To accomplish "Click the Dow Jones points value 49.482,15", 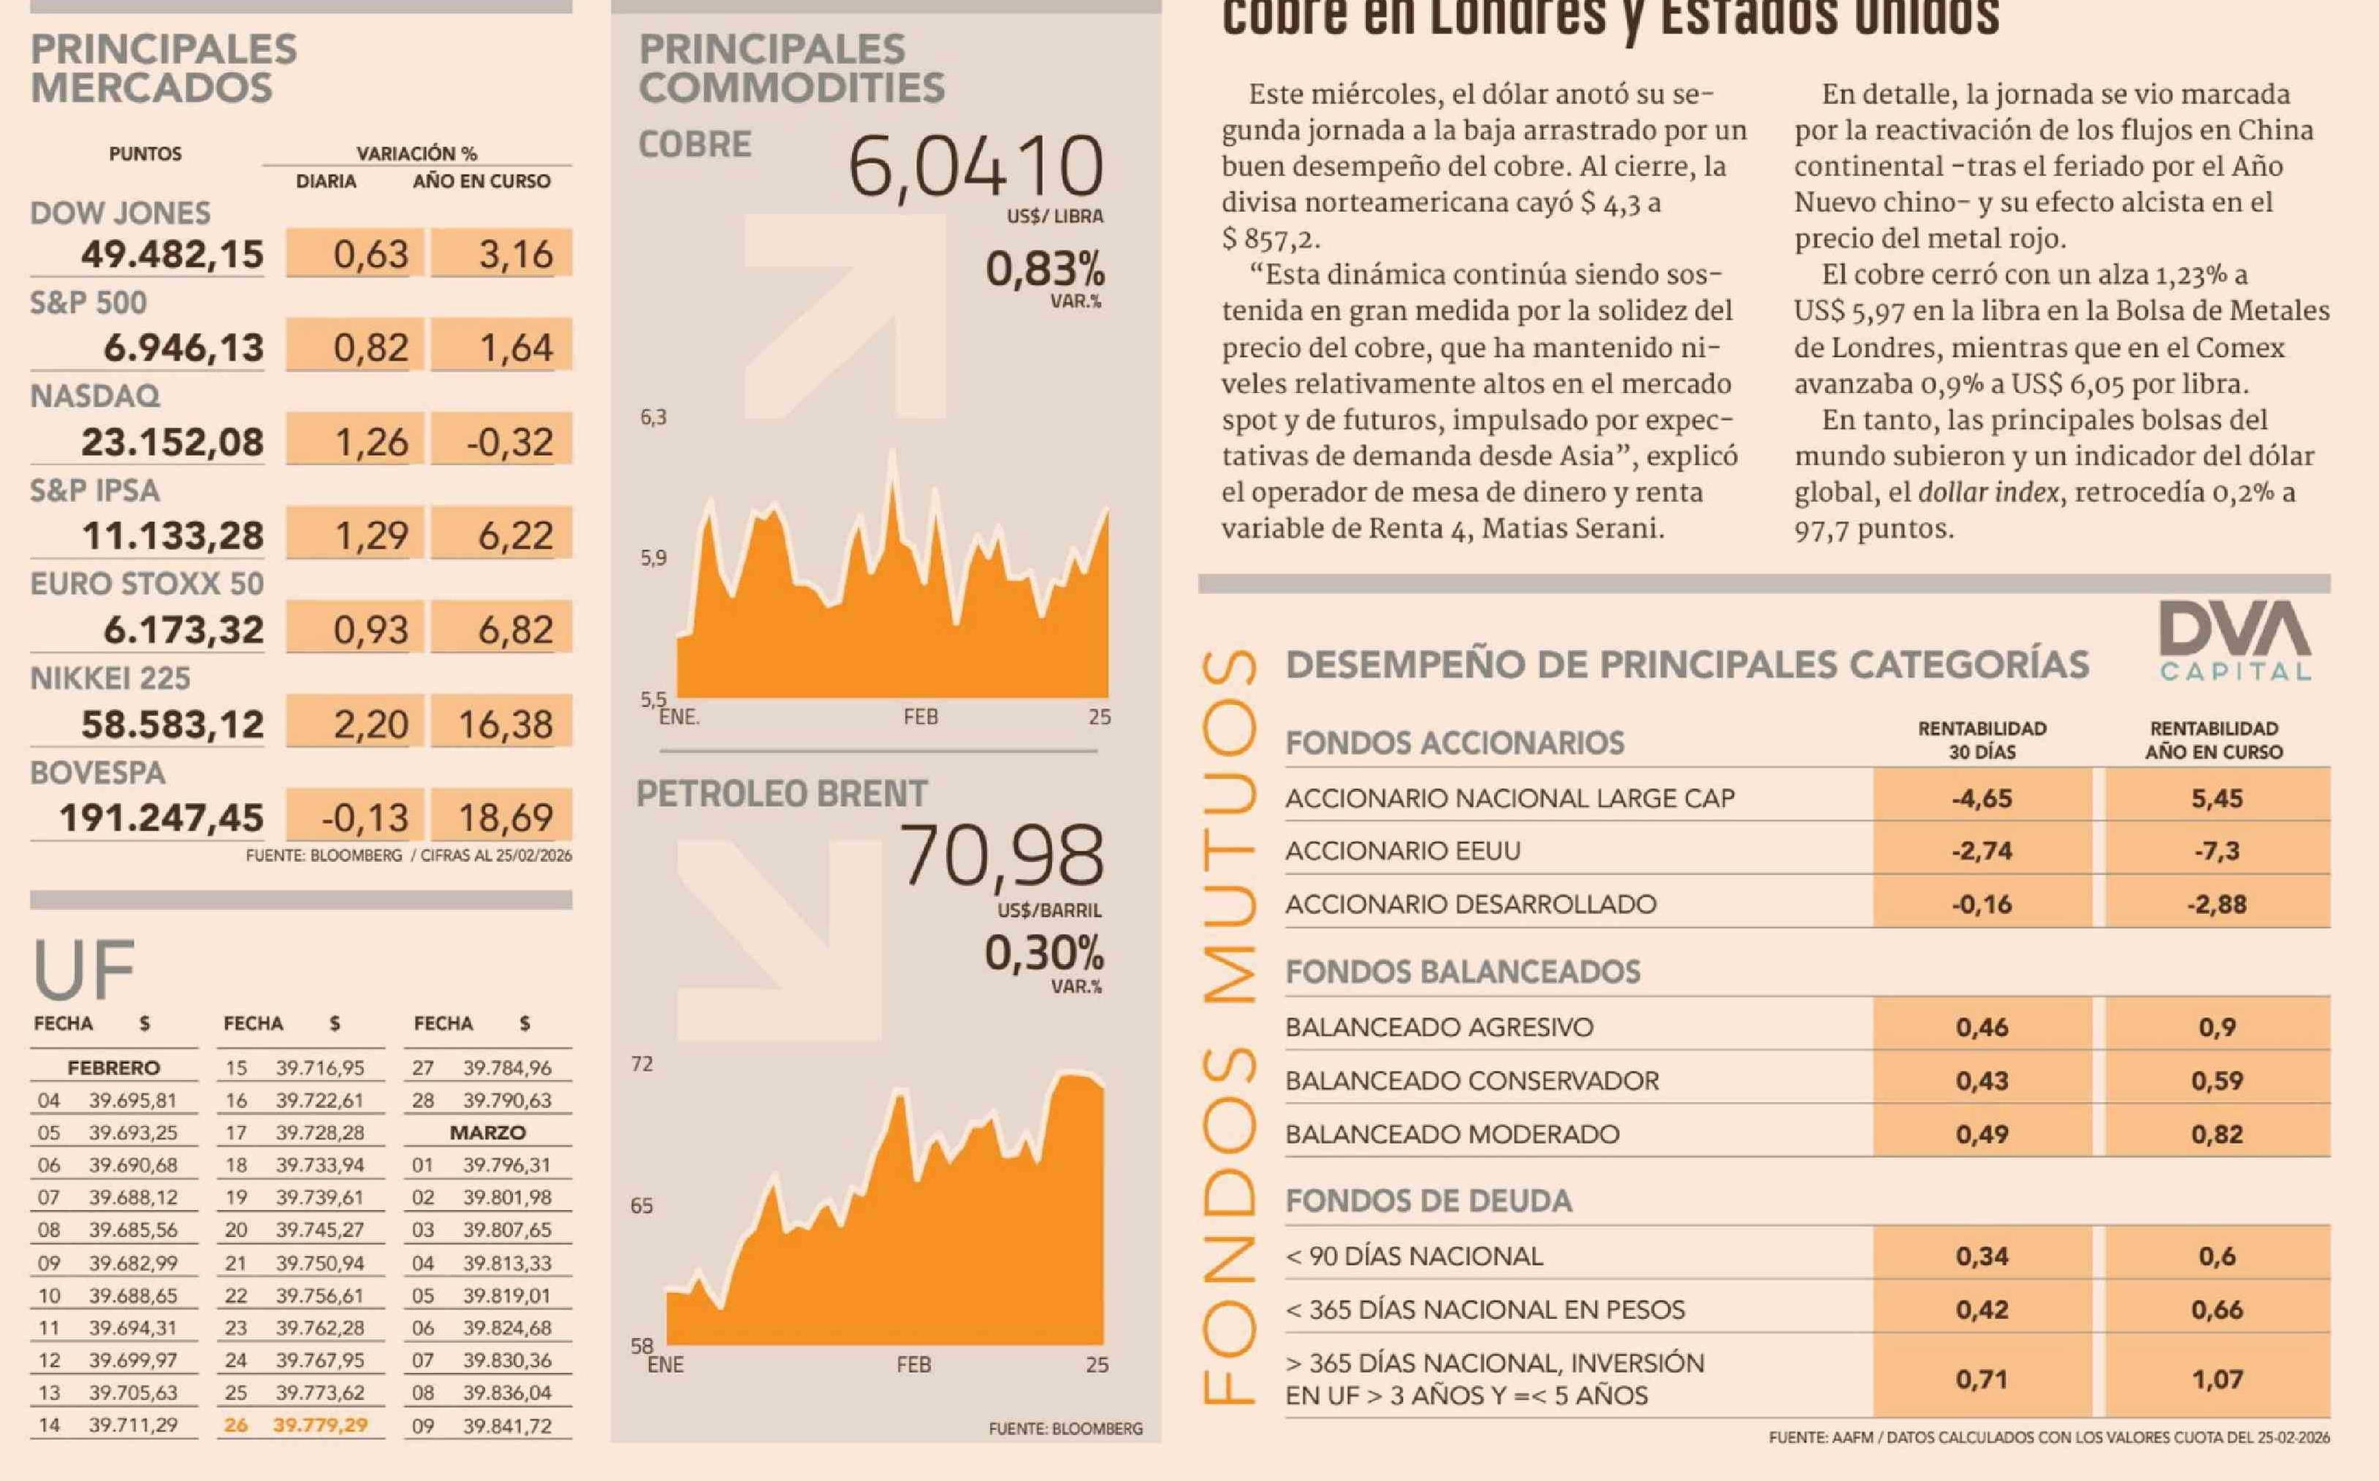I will click(x=172, y=255).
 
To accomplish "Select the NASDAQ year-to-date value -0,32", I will click(x=509, y=442).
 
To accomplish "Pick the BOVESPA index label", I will click(x=98, y=773).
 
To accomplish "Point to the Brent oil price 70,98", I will click(x=1002, y=856).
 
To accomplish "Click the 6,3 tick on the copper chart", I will click(x=653, y=417).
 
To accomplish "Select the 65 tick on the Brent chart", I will click(x=642, y=1206).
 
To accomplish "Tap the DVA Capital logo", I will click(x=2235, y=642).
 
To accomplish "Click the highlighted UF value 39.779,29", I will click(x=321, y=1425).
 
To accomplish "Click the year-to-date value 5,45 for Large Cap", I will click(x=2216, y=798).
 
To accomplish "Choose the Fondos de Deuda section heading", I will click(x=1428, y=1201).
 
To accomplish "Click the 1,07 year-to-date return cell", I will click(x=2216, y=1379).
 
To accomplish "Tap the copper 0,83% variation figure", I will click(x=1045, y=269).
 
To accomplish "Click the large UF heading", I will click(x=83, y=970).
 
